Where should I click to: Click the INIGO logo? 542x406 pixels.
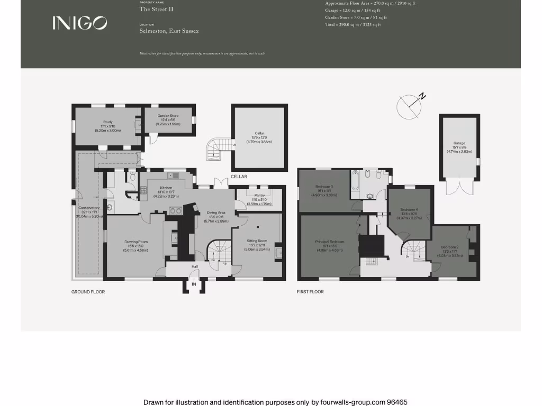(x=79, y=23)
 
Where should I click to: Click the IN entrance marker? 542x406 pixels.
(x=194, y=284)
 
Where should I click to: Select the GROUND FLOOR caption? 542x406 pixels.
(x=88, y=292)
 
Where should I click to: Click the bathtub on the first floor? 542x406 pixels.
(x=354, y=182)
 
